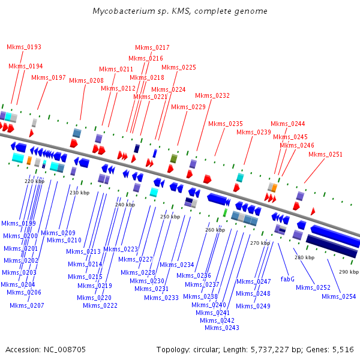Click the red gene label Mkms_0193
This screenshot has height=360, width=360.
pyautogui.click(x=24, y=47)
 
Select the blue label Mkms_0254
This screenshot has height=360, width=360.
pyautogui.click(x=338, y=296)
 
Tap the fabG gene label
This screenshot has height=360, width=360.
pyautogui.click(x=287, y=279)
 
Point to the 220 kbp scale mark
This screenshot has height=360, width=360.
pyautogui.click(x=34, y=181)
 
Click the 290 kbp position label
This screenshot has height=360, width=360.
pyautogui.click(x=349, y=272)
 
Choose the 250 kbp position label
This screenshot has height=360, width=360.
pyautogui.click(x=170, y=217)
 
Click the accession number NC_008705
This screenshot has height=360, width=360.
pyautogui.click(x=65, y=350)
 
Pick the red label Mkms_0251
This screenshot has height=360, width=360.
pyautogui.click(x=325, y=155)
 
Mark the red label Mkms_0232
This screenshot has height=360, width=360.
pyautogui.click(x=212, y=96)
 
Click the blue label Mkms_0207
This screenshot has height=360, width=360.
pyautogui.click(x=27, y=305)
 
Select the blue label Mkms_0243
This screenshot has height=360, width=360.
pyautogui.click(x=222, y=328)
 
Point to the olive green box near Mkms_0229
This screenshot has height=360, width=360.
pyautogui.click(x=174, y=158)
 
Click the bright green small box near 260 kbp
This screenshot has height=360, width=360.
pyautogui.click(x=225, y=212)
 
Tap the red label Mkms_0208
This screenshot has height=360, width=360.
pyautogui.click(x=86, y=80)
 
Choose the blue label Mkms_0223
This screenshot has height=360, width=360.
pyautogui.click(x=121, y=249)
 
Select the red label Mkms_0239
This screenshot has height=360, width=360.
pyautogui.click(x=254, y=132)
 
